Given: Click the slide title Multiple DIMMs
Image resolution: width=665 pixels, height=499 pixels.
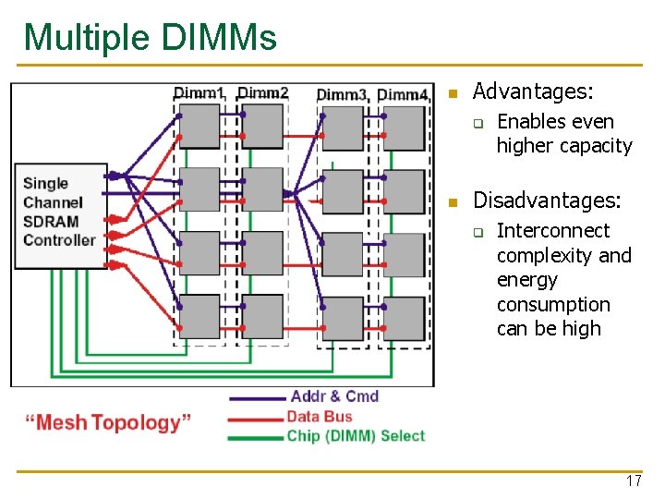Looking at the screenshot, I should click(150, 38).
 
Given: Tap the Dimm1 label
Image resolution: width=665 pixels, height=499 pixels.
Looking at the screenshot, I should click(199, 93).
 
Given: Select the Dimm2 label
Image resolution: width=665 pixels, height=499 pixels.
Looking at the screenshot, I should click(263, 93).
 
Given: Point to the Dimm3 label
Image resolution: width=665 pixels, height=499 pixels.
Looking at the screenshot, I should click(342, 94).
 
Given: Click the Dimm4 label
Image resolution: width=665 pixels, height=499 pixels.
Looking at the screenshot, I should click(403, 94).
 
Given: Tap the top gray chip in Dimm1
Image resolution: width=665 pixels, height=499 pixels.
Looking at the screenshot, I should click(199, 126).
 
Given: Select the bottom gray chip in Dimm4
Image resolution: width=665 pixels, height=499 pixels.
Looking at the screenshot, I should click(404, 318).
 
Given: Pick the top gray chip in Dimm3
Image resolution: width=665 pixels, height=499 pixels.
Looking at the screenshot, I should click(343, 128).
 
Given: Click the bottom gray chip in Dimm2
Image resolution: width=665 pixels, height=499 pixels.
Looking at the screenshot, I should click(262, 317).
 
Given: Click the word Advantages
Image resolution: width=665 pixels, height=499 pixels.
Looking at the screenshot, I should click(533, 91).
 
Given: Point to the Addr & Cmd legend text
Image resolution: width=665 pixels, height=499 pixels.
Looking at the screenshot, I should click(334, 396).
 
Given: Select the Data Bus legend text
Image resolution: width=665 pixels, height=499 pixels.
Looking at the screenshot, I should click(320, 417).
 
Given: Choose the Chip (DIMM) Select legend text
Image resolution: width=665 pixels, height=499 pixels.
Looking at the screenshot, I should click(356, 436).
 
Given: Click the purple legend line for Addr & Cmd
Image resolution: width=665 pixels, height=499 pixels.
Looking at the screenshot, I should click(256, 398).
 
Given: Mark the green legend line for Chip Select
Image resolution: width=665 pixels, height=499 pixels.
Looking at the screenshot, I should click(256, 437).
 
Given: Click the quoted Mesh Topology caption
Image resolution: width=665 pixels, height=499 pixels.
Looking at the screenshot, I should click(108, 422).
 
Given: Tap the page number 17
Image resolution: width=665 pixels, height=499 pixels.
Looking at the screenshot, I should click(633, 481).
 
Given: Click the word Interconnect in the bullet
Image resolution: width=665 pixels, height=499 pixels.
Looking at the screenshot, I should click(553, 230).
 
